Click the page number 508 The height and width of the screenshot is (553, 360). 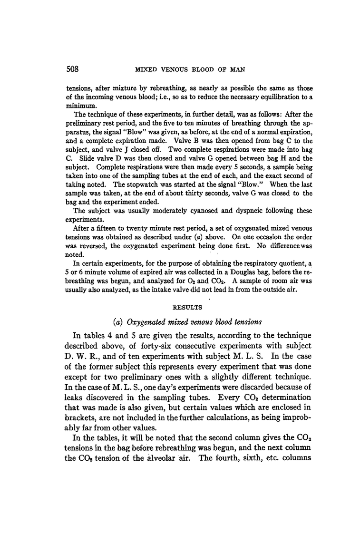pos(73,69)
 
